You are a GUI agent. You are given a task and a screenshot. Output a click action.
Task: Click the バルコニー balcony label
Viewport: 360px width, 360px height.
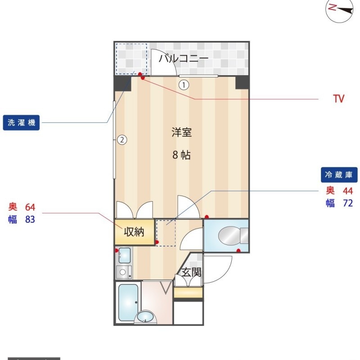click(x=184, y=58)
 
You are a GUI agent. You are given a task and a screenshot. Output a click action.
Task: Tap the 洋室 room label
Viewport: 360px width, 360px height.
click(x=182, y=132)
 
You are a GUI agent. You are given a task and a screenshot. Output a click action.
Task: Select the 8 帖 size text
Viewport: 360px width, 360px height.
click(x=181, y=155)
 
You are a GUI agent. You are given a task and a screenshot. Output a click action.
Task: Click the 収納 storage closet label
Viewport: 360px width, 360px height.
click(x=134, y=232)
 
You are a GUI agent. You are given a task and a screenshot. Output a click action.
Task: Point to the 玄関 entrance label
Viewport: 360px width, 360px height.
click(x=192, y=273)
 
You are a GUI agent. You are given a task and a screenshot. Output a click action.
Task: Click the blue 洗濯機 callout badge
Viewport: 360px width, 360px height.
click(x=21, y=122)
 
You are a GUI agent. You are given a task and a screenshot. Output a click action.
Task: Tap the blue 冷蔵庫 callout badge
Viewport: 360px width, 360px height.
click(x=339, y=175)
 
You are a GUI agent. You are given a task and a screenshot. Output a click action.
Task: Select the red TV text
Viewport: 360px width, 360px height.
click(x=339, y=99)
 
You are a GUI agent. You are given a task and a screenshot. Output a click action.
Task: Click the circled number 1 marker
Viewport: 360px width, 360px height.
click(x=184, y=85)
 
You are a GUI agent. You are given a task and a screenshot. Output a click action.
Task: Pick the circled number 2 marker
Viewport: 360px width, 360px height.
click(x=122, y=139)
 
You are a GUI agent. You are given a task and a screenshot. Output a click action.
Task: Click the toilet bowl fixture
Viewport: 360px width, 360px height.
click(x=233, y=235)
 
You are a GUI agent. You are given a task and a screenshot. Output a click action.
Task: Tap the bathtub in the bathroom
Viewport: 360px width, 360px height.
click(x=128, y=302)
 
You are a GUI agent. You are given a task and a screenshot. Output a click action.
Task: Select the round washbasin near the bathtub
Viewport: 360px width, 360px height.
click(x=145, y=317)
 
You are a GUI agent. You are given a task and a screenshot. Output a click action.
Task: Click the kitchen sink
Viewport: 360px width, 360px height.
click(x=125, y=255)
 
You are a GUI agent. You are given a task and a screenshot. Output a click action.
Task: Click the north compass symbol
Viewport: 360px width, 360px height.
click(x=340, y=10)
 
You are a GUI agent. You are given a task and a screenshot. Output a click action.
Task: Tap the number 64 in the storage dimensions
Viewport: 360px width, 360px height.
click(x=30, y=207)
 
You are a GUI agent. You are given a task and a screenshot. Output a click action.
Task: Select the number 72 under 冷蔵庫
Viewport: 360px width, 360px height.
click(x=348, y=203)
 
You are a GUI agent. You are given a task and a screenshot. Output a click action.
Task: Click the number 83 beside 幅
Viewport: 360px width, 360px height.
click(x=30, y=220)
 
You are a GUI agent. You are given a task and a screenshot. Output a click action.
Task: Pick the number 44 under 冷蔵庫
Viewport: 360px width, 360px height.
click(x=348, y=191)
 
